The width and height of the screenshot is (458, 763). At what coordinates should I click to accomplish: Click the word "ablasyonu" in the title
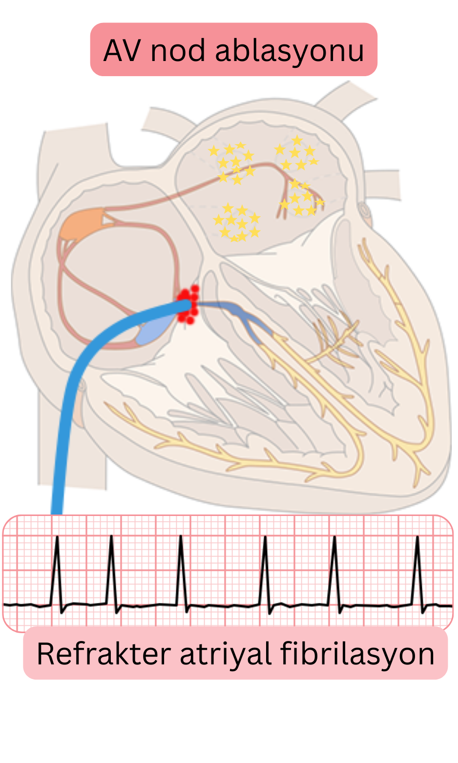290,51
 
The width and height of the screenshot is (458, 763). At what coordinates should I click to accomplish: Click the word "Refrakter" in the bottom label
104,654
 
